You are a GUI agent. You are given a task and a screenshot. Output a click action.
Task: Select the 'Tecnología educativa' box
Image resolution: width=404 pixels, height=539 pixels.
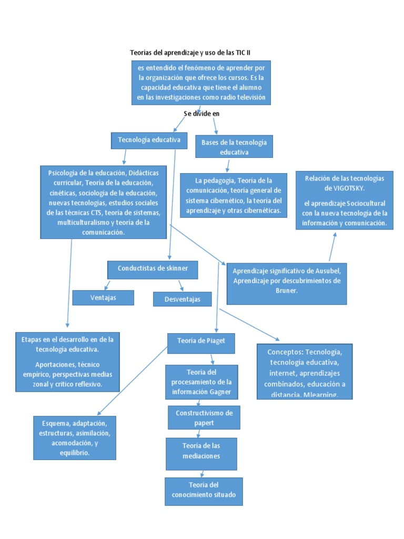coord(149,141)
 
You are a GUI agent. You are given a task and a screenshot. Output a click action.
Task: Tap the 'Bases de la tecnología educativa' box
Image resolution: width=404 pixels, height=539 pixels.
coord(234,147)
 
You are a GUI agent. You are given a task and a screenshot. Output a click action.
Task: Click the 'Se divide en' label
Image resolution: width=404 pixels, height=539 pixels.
coord(202,114)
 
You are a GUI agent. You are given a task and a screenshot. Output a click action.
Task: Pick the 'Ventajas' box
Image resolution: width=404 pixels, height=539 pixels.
coord(103,297)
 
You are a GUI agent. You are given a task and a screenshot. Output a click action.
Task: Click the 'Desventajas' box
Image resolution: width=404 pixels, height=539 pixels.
coord(182,299)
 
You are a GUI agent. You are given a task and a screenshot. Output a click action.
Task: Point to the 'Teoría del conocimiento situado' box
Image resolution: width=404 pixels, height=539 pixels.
coord(204,491)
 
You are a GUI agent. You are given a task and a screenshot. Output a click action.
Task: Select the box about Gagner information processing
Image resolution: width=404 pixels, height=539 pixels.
coord(201,382)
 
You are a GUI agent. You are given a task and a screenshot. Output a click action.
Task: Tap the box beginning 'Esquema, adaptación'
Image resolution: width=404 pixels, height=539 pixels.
coord(74,437)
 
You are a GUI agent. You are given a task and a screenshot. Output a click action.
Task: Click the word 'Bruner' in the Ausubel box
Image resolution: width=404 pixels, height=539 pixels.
coord(287,291)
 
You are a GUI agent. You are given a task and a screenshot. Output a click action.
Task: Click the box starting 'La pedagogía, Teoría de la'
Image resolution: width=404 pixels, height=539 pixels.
coord(234,195)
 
